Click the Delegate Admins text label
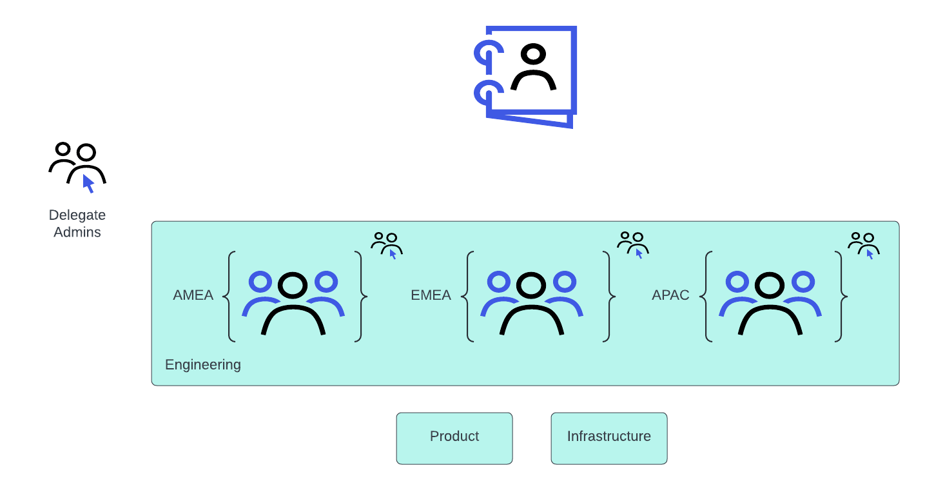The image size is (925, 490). click(77, 224)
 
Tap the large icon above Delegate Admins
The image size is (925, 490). click(77, 166)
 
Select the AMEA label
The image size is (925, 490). click(193, 295)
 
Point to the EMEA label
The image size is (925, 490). click(431, 295)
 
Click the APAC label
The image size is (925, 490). click(670, 295)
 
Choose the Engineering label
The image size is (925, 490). click(203, 365)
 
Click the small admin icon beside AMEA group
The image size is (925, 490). click(387, 245)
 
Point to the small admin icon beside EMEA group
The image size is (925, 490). click(633, 244)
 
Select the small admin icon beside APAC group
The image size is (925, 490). click(864, 244)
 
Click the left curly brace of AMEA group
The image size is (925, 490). click(228, 297)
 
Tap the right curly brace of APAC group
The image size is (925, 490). click(841, 297)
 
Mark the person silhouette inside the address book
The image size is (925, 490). click(534, 68)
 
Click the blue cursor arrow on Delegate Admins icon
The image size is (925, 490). click(88, 184)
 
